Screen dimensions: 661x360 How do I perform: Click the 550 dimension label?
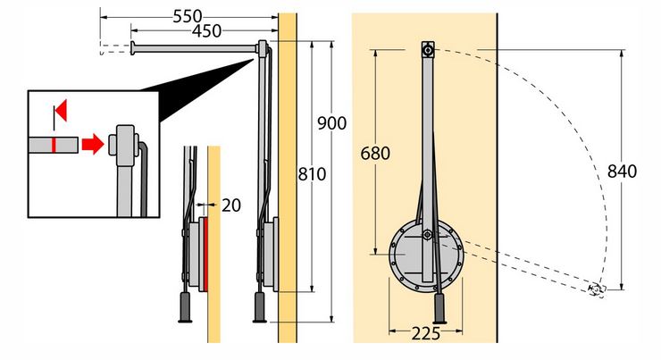click(x=188, y=16)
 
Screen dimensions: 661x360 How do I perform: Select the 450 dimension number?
click(x=206, y=30)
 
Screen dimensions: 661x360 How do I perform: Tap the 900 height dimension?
click(x=331, y=123)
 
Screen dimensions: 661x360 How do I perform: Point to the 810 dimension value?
click(x=312, y=173)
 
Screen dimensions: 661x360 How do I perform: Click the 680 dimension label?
click(x=375, y=153)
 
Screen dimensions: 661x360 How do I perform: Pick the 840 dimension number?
click(x=622, y=172)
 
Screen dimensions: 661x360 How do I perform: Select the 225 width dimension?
click(x=426, y=333)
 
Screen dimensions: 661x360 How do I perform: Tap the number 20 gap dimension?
click(x=231, y=205)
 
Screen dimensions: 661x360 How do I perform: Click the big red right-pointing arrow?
click(x=93, y=144)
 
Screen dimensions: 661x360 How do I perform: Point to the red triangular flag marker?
click(x=61, y=111)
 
